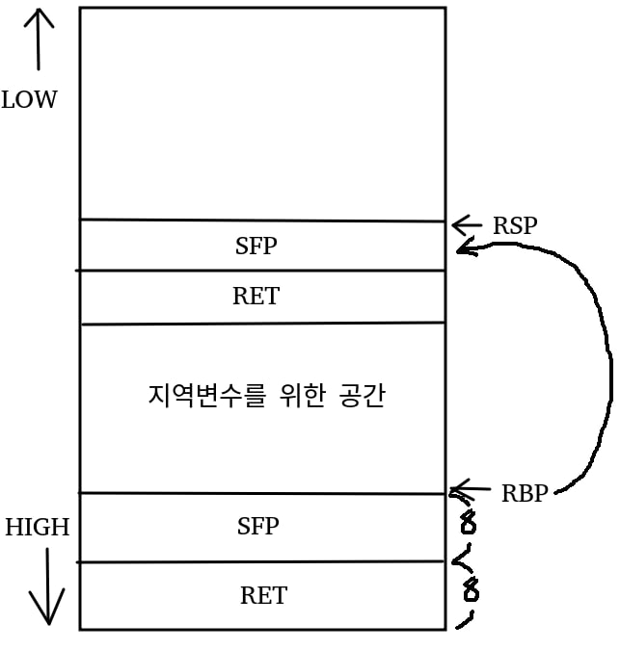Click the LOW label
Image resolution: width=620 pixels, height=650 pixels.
pos(29,99)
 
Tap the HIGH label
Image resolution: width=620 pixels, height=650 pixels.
pos(37,527)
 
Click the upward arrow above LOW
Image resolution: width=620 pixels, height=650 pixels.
pos(39,39)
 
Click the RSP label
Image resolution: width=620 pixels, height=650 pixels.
pos(515,226)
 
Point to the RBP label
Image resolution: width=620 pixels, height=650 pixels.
pos(524,493)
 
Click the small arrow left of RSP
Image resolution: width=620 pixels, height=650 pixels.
pos(467,225)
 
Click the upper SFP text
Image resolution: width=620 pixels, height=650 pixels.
pos(256,246)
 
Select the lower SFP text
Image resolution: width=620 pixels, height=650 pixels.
pos(257,526)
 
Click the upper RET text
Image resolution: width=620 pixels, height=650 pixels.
pos(256,297)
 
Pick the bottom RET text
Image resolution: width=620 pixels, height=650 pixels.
pos(263,595)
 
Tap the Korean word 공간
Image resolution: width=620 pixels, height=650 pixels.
pos(363,396)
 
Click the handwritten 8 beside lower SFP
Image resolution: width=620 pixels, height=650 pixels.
pos(469,525)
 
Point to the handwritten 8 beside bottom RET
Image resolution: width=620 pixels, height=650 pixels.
pos(471,588)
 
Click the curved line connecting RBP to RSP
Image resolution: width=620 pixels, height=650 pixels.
pos(607,366)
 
